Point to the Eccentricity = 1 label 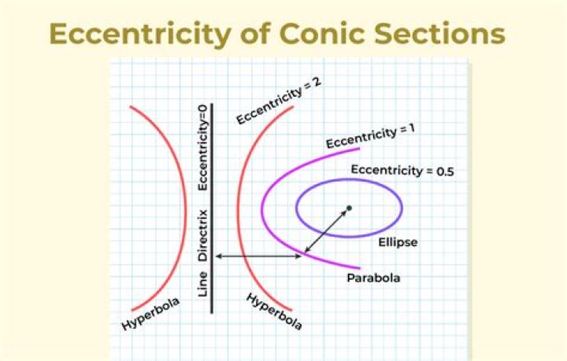click(x=369, y=135)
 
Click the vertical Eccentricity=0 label click(x=203, y=149)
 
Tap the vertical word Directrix click(x=203, y=234)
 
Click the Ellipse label click(x=398, y=242)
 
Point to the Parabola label click(x=373, y=278)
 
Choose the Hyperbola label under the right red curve click(x=274, y=311)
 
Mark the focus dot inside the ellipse click(x=349, y=208)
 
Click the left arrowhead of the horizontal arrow click(x=218, y=256)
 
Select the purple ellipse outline click(x=297, y=208)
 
